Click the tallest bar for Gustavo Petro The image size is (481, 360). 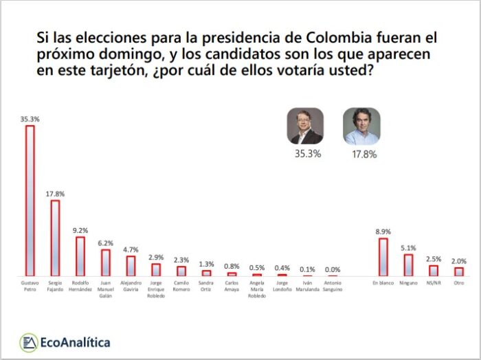(x=30, y=200)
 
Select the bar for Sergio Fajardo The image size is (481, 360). (x=55, y=238)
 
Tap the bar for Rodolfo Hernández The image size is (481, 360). (x=80, y=256)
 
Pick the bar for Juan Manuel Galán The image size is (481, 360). (x=106, y=262)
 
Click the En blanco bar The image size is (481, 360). (x=383, y=257)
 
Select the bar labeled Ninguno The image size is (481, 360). (x=408, y=265)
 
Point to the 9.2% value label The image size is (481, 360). (x=80, y=230)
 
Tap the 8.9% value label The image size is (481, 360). (x=383, y=232)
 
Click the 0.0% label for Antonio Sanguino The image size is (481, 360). (x=333, y=269)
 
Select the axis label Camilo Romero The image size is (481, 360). (x=181, y=285)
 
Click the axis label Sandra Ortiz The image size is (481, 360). (x=206, y=285)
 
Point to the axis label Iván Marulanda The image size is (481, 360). (x=307, y=285)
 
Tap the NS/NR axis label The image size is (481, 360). (x=434, y=282)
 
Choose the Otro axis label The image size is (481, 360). (x=458, y=282)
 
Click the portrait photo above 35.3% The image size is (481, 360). (x=305, y=126)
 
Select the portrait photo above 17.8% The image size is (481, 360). (x=361, y=126)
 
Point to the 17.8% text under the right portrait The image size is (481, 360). (x=363, y=154)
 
